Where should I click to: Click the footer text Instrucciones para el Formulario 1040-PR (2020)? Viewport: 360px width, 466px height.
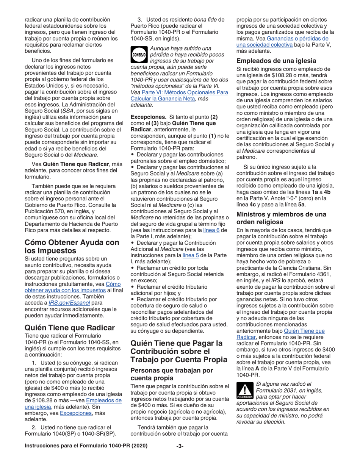click(x=86, y=457)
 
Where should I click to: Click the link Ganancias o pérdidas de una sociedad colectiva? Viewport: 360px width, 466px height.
click(x=283, y=42)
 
